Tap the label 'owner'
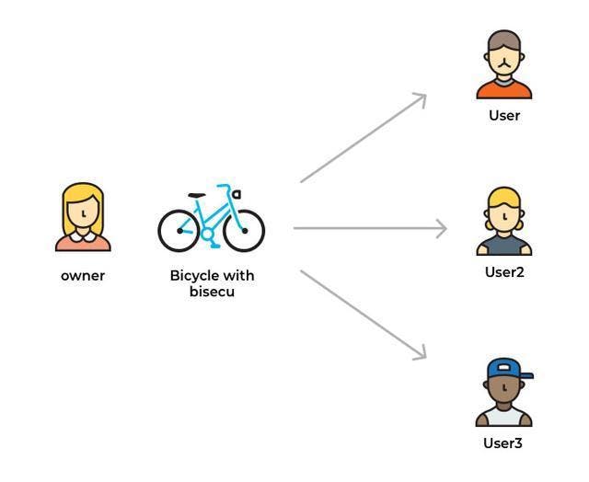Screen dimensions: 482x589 [x=83, y=276]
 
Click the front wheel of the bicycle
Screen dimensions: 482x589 [x=244, y=230]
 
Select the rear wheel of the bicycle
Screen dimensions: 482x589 [x=179, y=230]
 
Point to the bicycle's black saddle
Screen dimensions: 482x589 [x=196, y=195]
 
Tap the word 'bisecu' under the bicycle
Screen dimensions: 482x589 [x=212, y=293]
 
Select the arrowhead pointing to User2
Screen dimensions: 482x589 [x=441, y=228]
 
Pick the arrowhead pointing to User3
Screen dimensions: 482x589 [x=421, y=353]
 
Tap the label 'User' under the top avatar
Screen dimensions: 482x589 [x=504, y=116]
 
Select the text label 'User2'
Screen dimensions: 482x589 [x=504, y=272]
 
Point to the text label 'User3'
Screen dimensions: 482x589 [x=503, y=443]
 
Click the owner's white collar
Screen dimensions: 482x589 [x=83, y=237]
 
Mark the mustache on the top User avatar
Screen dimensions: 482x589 [x=503, y=64]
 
